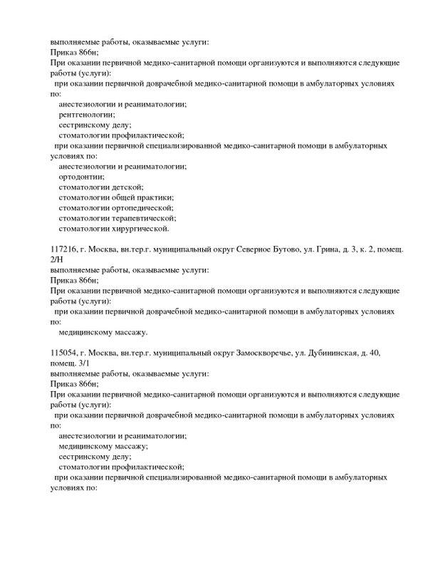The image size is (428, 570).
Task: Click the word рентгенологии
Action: click(84, 114)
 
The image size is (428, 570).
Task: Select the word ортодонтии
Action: click(81, 176)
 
